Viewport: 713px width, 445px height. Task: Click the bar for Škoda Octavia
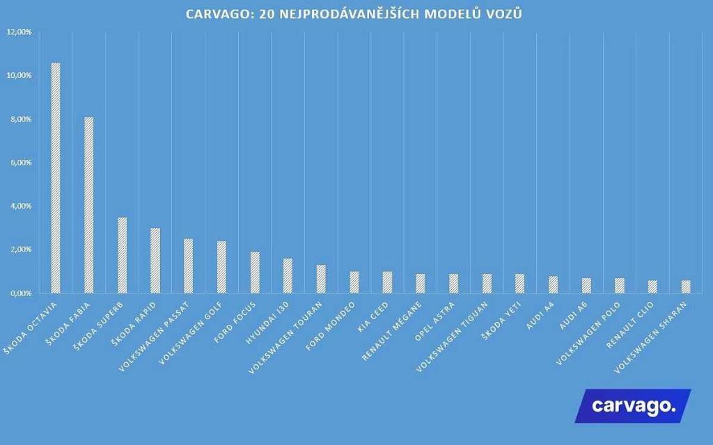click(x=56, y=178)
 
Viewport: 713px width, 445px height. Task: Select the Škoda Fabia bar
click(x=88, y=205)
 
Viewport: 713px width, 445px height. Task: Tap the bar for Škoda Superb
click(x=122, y=255)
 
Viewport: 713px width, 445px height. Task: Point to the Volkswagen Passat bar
click(x=188, y=266)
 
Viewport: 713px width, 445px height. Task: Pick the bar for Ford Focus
click(x=255, y=273)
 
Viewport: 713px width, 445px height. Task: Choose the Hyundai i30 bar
click(x=288, y=275)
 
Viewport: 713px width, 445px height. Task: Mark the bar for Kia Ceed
click(x=387, y=282)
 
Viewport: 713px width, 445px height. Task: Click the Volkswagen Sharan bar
click(x=685, y=286)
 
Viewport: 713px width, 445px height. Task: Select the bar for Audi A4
click(x=553, y=284)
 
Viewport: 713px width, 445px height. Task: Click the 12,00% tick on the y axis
click(x=19, y=32)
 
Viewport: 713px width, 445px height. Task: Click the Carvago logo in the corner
click(x=633, y=406)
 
